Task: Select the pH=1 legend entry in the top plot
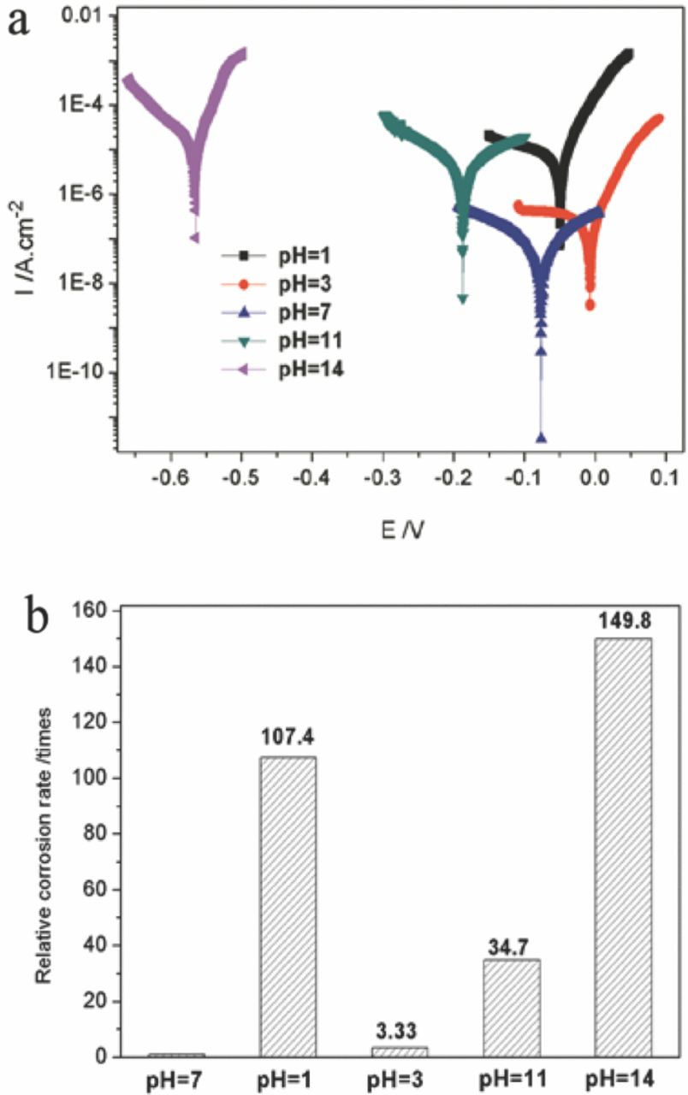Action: click(277, 255)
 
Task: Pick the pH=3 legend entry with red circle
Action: click(277, 284)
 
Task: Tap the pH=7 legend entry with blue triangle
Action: click(277, 313)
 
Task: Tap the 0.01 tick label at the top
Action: click(87, 17)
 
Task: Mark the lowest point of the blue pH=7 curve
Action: click(541, 438)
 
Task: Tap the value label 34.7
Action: click(511, 943)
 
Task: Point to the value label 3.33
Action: click(398, 1030)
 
